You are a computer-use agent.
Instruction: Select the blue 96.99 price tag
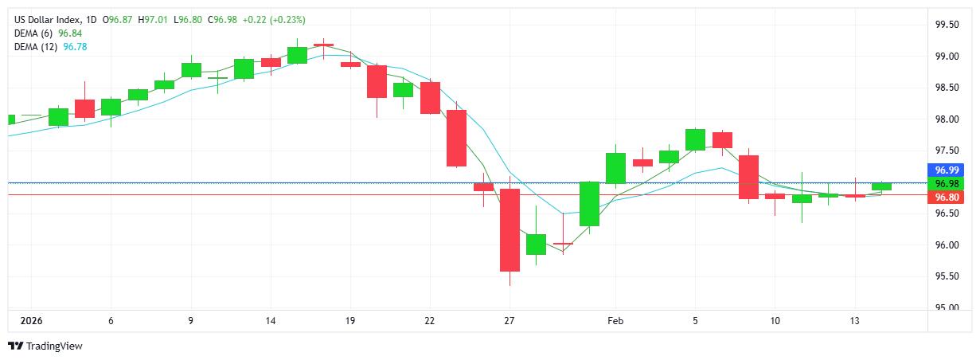tap(947, 170)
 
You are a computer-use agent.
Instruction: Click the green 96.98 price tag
tap(947, 184)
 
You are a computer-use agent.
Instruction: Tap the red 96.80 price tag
tap(947, 198)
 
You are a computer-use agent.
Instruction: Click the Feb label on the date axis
tap(615, 321)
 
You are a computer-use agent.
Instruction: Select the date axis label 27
tap(510, 321)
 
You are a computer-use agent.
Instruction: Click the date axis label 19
tap(350, 321)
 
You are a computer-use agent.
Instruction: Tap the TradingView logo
tap(45, 346)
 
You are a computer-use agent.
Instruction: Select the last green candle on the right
tap(881, 186)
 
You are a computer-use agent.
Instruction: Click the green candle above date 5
tap(695, 139)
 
